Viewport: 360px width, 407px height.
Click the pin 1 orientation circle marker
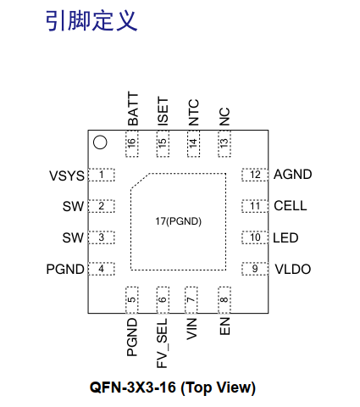pos(100,137)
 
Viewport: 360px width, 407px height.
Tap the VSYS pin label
pos(67,176)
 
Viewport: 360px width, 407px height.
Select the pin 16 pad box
pos(132,143)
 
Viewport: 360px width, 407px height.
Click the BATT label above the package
pos(133,109)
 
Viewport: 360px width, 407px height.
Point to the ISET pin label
pos(163,111)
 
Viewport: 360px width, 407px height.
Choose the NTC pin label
pos(193,112)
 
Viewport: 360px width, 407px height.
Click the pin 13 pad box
pos(224,143)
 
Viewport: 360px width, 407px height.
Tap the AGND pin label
pos(293,175)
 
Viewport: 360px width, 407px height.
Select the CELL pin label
pos(291,206)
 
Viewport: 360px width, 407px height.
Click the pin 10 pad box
pos(255,237)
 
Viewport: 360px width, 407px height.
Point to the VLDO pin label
pos(293,269)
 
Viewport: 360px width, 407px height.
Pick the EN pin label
pos(224,326)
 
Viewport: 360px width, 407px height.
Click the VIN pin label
pos(191,329)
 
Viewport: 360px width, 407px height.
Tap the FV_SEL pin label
pos(162,343)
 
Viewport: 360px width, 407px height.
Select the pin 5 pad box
pos(132,300)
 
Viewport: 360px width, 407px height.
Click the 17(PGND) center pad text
pos(178,221)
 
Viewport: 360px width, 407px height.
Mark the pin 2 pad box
pos(102,206)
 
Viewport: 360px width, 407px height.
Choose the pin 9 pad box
pos(255,269)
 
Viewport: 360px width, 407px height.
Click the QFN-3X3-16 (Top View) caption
pos(173,387)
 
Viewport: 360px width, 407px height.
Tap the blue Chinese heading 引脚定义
pos(91,20)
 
